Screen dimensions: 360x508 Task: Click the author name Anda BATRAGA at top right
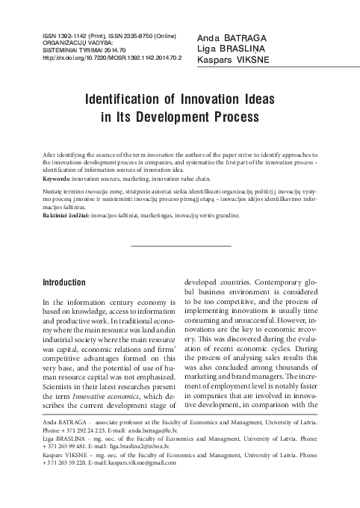(232, 37)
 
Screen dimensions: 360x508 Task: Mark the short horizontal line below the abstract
(181, 245)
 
